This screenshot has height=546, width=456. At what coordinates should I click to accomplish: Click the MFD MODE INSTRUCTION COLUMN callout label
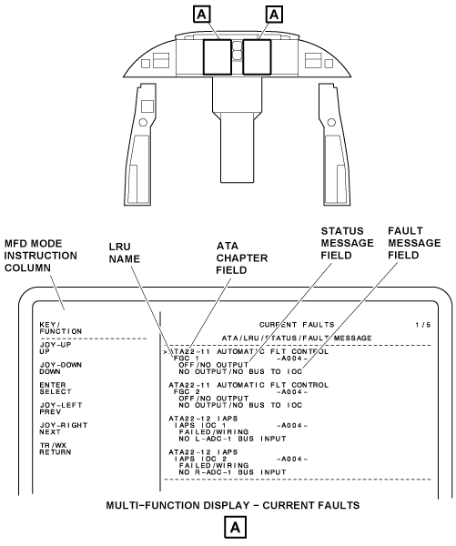(40, 256)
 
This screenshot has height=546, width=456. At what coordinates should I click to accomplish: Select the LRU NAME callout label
(125, 253)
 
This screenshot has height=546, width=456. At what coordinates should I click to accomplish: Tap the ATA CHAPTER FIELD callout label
(242, 258)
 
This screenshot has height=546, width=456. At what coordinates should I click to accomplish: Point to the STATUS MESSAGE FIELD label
(347, 243)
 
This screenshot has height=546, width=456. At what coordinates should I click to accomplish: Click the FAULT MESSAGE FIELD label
(414, 243)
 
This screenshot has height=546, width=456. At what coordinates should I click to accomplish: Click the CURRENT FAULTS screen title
(297, 325)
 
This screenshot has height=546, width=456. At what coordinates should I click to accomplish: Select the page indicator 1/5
(423, 325)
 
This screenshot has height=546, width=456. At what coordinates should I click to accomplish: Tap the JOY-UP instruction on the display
(56, 349)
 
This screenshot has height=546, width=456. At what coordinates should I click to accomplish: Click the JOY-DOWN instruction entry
(61, 369)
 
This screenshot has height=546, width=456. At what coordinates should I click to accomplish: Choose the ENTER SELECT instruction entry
(56, 389)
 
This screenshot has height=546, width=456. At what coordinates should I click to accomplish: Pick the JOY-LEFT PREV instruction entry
(61, 409)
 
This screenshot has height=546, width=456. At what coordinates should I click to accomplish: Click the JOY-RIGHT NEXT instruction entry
(64, 429)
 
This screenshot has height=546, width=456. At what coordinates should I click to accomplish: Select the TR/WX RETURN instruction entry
(56, 449)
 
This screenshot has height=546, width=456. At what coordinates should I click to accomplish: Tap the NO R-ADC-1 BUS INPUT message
(232, 472)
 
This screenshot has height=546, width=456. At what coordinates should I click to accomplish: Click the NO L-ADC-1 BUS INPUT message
(232, 439)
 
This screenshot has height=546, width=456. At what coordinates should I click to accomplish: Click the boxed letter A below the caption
(235, 528)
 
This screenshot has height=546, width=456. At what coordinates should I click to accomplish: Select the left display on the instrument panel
(218, 57)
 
